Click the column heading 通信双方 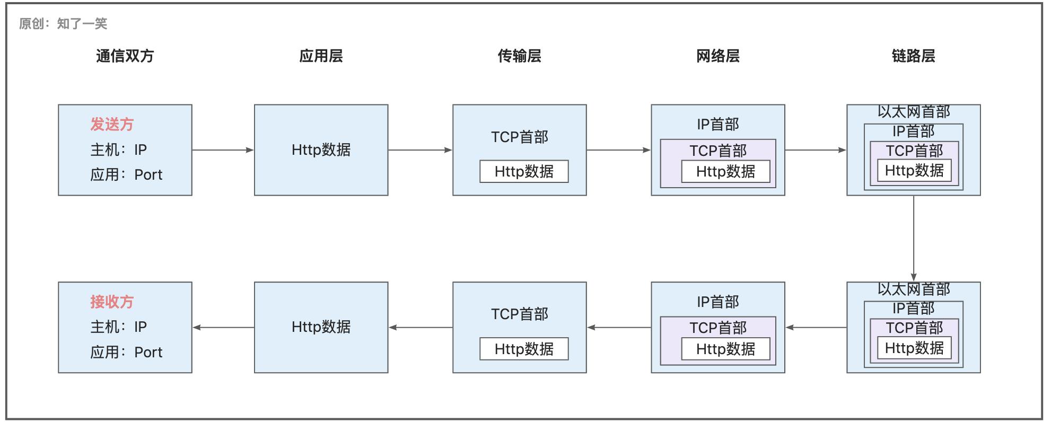coord(125,56)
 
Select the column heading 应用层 coord(321,56)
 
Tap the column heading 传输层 coord(519,56)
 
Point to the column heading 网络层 coord(717,56)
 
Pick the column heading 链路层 coord(913,56)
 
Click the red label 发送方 coord(112,125)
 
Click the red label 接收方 coord(112,302)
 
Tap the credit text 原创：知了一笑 coord(63,24)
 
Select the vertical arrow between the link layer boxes coord(914,239)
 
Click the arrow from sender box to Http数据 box coord(223,150)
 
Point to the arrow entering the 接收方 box coord(223,328)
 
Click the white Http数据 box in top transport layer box coord(524,172)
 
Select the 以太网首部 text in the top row coord(913,112)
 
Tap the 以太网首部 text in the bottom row coord(913,289)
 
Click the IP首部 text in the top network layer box coord(717,125)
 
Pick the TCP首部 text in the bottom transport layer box coord(519,314)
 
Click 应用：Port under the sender coord(126,175)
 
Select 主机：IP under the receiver coord(118,327)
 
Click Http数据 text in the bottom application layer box coord(321,327)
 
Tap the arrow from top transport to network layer coord(618,150)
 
